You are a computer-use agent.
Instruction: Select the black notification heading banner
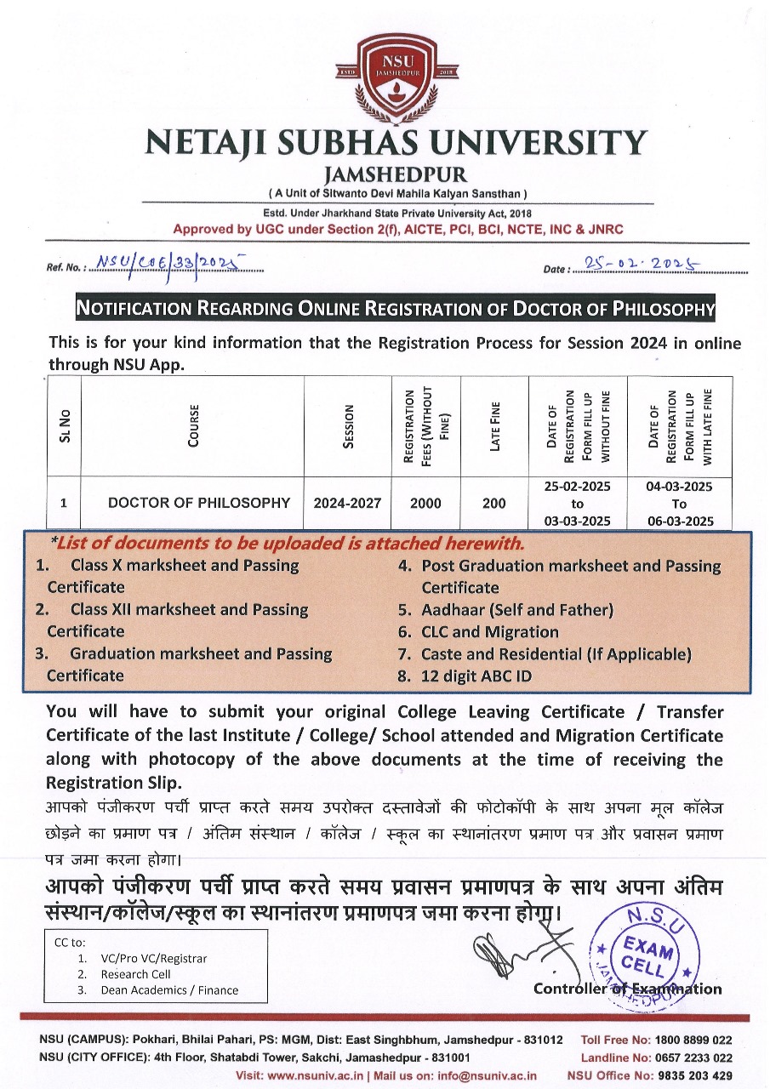point(396,308)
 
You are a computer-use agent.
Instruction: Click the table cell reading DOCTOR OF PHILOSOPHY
point(198,503)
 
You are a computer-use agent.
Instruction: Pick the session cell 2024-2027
point(347,503)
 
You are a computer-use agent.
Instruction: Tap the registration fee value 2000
point(425,503)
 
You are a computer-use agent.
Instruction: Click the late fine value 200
point(493,503)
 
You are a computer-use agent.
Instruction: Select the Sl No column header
point(65,426)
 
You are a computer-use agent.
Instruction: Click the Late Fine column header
point(494,426)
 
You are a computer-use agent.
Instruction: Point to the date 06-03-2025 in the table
point(679,521)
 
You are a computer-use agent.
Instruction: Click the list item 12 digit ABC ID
point(488,676)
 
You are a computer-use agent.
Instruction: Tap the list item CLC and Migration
point(490,632)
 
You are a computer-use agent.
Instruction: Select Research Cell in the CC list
point(135,974)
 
